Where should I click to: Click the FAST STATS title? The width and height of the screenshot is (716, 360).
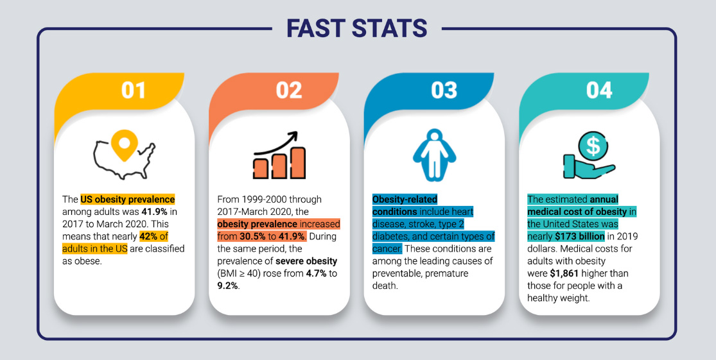click(x=356, y=28)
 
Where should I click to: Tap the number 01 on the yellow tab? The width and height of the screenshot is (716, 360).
click(x=134, y=90)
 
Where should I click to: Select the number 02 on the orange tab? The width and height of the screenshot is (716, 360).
click(x=289, y=90)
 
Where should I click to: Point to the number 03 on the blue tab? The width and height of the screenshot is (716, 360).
click(x=444, y=90)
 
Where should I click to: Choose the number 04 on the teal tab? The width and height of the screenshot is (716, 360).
click(x=599, y=90)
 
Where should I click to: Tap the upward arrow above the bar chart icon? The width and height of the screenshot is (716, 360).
click(x=277, y=142)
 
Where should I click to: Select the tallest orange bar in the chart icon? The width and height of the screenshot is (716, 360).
click(x=297, y=163)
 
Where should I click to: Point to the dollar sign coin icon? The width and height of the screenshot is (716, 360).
click(x=593, y=146)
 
